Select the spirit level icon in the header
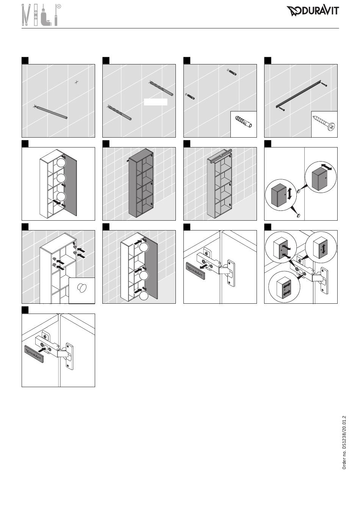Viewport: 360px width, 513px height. point(36,15)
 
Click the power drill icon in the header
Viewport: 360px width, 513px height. point(47,16)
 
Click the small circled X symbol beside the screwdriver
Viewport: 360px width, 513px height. point(59,6)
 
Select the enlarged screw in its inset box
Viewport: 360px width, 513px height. point(324,124)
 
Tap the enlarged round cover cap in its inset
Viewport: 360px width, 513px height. point(81,289)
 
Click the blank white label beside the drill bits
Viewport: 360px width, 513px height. point(155,102)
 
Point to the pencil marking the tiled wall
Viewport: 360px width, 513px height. point(51,112)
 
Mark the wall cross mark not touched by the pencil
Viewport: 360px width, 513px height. point(77,82)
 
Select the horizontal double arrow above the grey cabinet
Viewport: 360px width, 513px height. point(326,167)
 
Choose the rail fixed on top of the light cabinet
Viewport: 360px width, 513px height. point(220,155)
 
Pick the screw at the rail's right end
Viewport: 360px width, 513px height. point(324,85)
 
